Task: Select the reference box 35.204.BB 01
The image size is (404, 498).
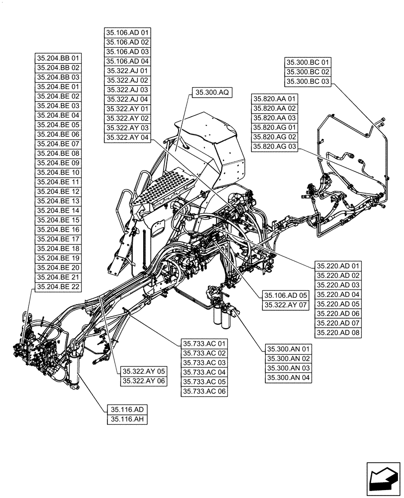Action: (x=58, y=58)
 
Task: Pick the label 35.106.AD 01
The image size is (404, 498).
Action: (x=127, y=33)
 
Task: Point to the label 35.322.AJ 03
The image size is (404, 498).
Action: (x=127, y=90)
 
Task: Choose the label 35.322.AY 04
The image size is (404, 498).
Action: (x=127, y=137)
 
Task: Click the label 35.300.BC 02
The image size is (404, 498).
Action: (x=307, y=72)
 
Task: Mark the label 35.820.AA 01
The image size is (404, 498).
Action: (x=274, y=99)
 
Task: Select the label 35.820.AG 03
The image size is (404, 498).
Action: (x=274, y=146)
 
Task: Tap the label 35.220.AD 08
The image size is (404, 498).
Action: (x=338, y=333)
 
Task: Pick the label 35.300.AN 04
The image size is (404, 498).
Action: (x=289, y=378)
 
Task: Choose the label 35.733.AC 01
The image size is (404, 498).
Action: (x=204, y=344)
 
